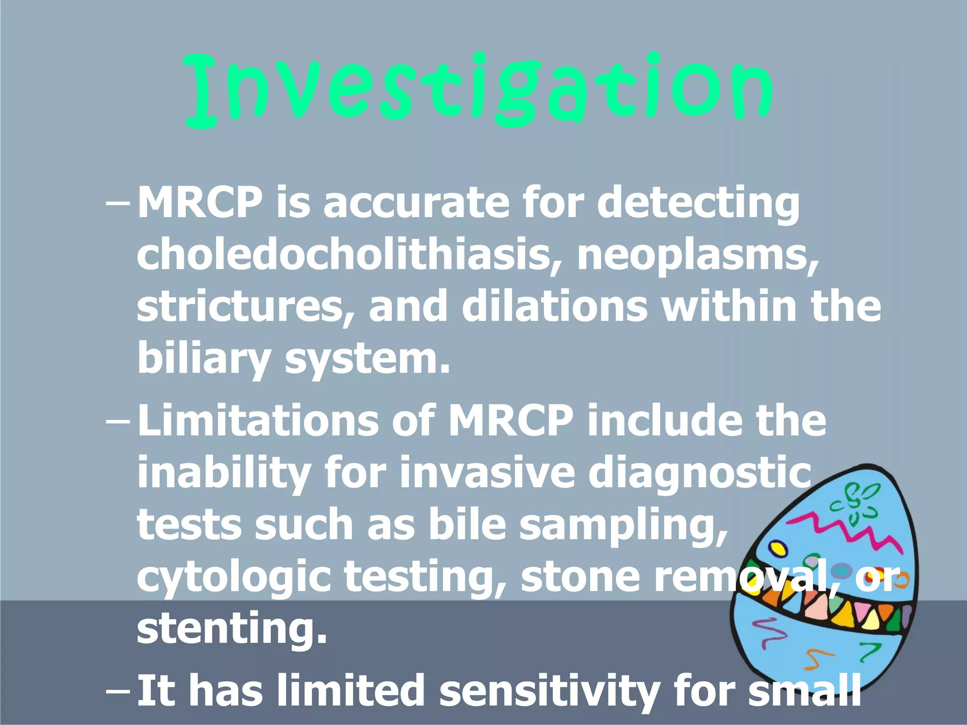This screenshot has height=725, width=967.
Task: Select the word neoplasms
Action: [x=698, y=255]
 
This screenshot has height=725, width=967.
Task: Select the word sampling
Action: [x=623, y=526]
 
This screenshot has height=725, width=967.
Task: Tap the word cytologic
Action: [x=234, y=578]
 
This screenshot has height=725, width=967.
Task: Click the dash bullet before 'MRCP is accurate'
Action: [x=118, y=204]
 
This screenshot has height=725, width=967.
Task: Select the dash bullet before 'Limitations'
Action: [x=118, y=421]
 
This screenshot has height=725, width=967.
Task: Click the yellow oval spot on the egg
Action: [x=777, y=548]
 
